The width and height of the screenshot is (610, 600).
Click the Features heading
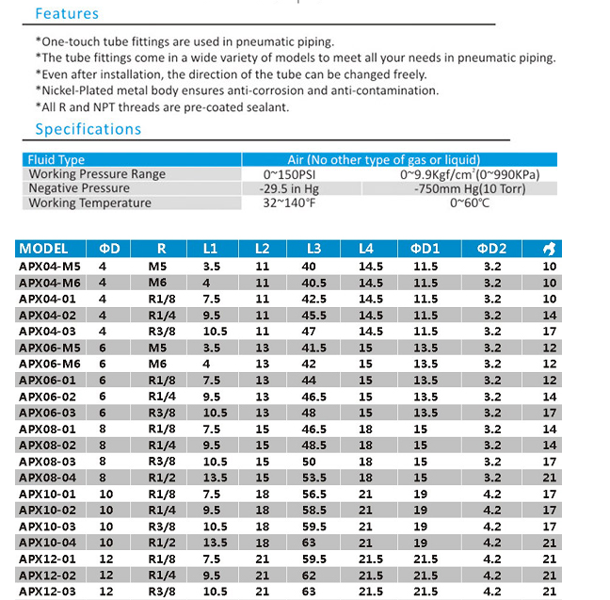click(67, 14)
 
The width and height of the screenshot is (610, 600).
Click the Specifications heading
click(88, 129)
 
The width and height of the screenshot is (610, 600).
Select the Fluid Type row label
click(56, 160)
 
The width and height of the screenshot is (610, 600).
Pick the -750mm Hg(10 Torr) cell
click(470, 188)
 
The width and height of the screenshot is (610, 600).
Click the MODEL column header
click(43, 249)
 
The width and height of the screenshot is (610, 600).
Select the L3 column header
click(313, 249)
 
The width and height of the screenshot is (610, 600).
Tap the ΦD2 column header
click(491, 249)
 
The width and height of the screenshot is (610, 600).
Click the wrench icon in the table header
click(550, 249)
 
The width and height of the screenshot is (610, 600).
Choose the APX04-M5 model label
click(51, 266)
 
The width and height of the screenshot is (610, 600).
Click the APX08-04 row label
click(49, 477)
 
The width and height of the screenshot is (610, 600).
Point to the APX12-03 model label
click(49, 591)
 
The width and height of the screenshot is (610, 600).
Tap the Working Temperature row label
click(89, 203)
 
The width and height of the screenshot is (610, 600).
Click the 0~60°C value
click(470, 203)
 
